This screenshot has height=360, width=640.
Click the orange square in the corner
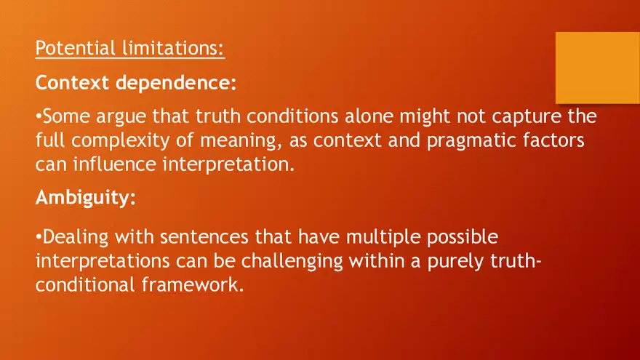pos(597,67)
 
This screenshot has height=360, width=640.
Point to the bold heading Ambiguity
pos(85,199)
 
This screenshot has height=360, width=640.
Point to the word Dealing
pos(73,236)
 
